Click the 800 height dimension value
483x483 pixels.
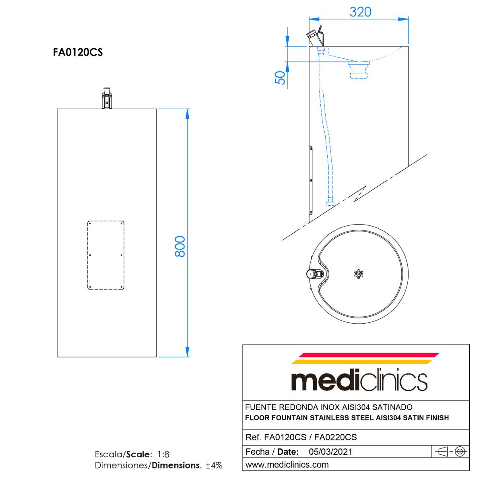[180, 246]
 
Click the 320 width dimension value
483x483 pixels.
[360, 12]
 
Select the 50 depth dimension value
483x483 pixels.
[281, 77]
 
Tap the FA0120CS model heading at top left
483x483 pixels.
[78, 52]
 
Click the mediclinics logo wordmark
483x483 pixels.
[359, 380]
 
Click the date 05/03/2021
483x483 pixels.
[330, 452]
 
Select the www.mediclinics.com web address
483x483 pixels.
[287, 464]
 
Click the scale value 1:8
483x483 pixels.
[163, 454]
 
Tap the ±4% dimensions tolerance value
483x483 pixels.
[214, 465]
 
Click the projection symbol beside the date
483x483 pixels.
[449, 452]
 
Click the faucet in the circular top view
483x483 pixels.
[315, 274]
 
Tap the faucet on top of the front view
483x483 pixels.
[107, 99]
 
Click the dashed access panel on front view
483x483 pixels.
[106, 255]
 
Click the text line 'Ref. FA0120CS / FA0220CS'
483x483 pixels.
[301, 437]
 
